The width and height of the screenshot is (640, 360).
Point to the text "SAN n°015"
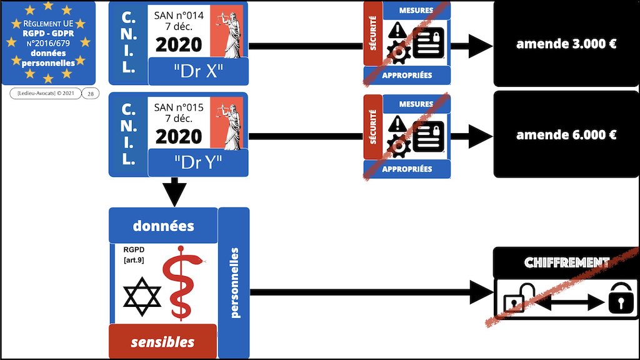click(179, 106)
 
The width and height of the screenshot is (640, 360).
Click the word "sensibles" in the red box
click(162, 342)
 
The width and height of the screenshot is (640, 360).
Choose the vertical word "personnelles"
click(235, 282)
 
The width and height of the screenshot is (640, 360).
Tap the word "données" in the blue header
click(164, 226)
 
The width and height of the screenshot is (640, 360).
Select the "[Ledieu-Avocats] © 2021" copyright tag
click(46, 94)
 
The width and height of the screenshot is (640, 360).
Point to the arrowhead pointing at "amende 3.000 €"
click(479, 45)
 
